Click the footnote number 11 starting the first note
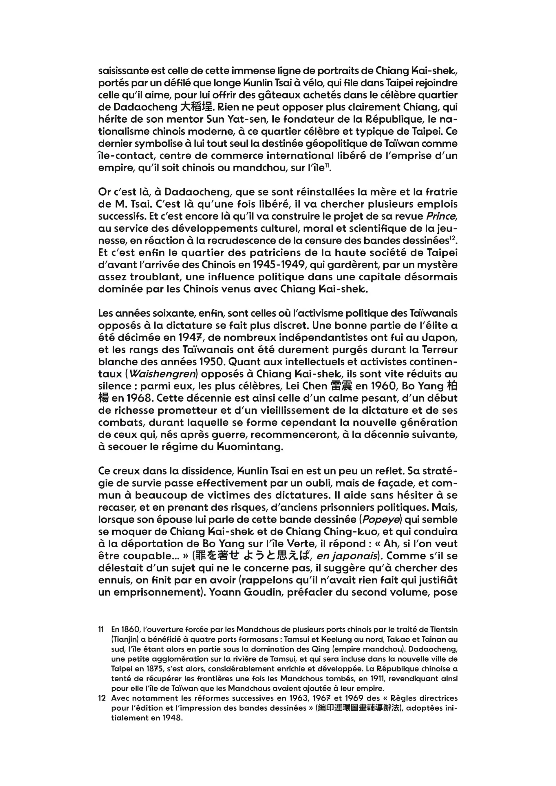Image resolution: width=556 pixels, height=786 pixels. pos(101,630)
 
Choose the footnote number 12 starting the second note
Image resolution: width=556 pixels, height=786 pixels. pos(102,698)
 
